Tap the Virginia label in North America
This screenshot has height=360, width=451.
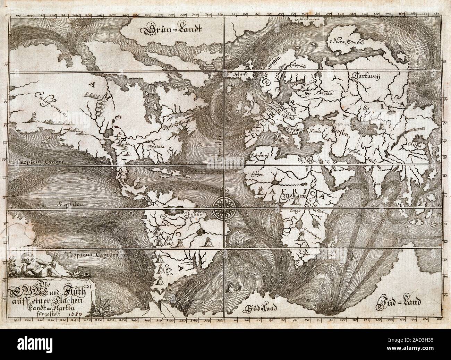[x=156, y=146]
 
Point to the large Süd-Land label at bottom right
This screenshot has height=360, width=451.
[x=399, y=302]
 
